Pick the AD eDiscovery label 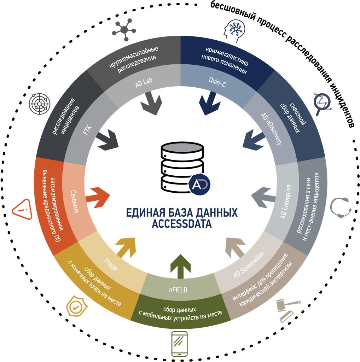pyautogui.click(x=271, y=129)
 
